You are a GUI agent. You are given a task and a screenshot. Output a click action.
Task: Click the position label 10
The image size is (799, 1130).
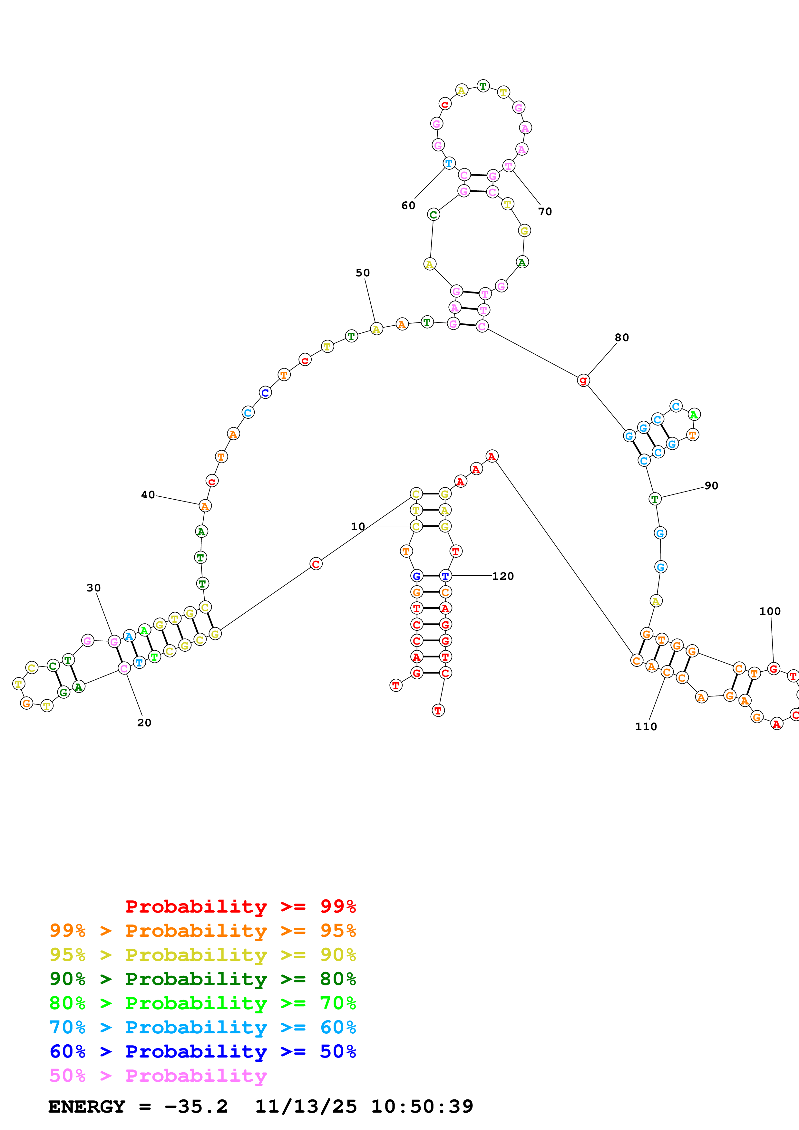point(358,527)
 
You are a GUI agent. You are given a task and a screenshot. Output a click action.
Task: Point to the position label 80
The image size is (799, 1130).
point(622,338)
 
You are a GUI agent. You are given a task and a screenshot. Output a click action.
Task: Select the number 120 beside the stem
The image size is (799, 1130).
point(502,576)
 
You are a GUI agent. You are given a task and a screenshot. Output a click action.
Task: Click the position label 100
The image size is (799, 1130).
point(770,611)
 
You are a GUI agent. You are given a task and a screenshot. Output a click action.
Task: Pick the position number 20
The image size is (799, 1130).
point(144,723)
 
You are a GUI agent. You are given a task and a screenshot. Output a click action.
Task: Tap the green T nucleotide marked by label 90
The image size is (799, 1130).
point(655,499)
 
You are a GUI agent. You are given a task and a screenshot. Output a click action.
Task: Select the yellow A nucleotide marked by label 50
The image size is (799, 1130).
point(376,329)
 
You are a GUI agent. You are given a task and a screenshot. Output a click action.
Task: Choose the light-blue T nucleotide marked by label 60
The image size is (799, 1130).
point(448,163)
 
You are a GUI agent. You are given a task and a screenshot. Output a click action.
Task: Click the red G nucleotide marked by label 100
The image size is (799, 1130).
point(774,669)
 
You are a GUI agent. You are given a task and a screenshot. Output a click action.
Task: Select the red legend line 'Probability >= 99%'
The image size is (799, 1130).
point(240,906)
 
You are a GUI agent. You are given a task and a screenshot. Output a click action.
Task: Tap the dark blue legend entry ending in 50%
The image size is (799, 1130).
point(202,1051)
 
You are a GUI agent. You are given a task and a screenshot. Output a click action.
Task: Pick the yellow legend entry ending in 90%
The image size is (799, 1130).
point(202,955)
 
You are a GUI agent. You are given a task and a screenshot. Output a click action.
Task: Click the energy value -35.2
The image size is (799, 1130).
point(196,1106)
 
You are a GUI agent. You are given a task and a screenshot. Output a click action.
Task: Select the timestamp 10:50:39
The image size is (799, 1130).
point(422,1106)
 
